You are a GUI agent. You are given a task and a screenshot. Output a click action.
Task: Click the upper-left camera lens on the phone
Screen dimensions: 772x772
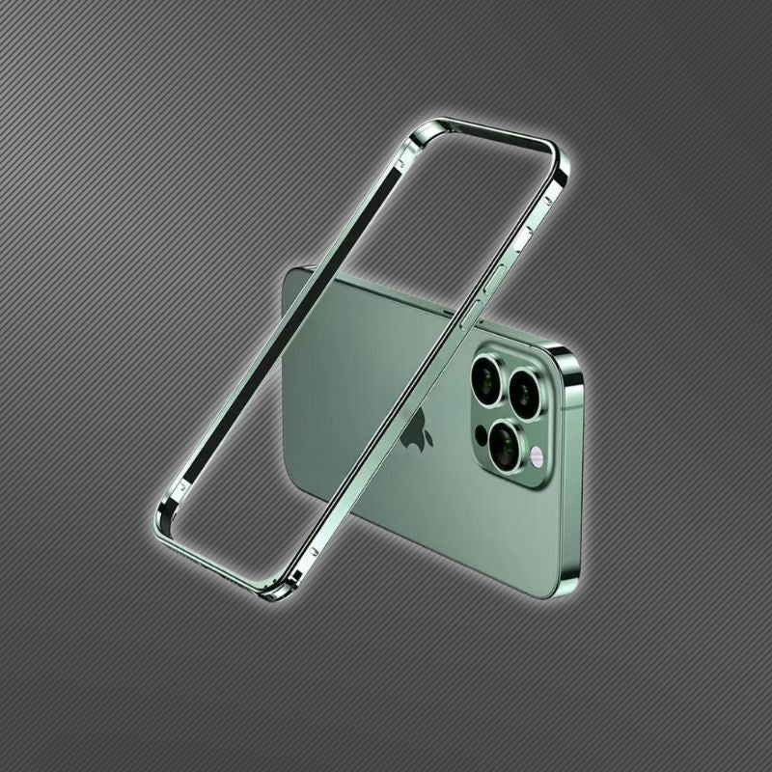pos(487,377)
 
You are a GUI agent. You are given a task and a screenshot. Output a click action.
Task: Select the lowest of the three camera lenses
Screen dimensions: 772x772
pos(504,445)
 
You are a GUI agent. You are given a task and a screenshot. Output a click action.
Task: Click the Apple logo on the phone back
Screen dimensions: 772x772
pos(416,428)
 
